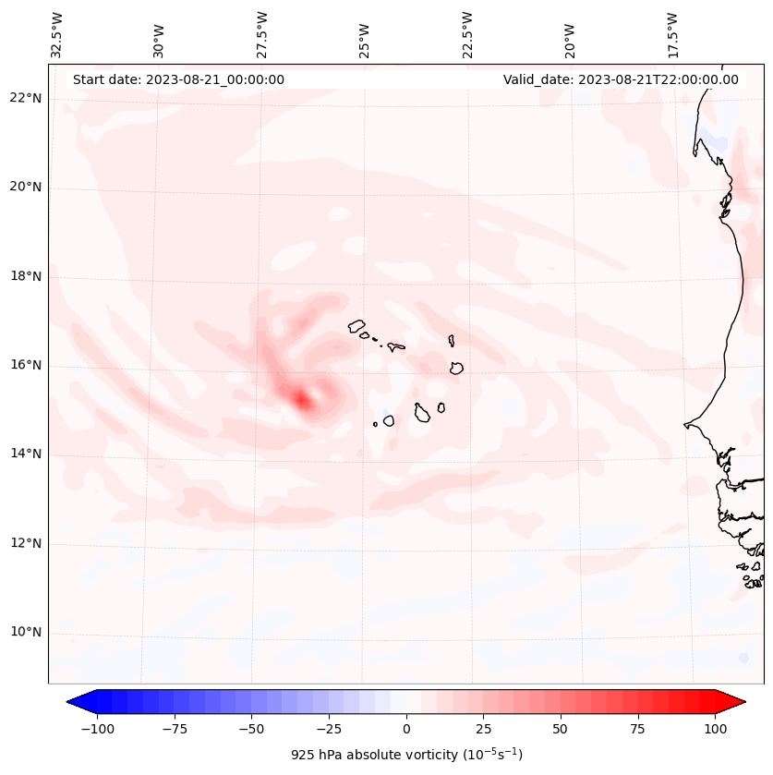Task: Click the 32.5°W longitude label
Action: pos(57,34)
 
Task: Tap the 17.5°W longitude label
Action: pos(672,34)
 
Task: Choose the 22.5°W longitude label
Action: pos(467,34)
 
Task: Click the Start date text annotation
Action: pos(178,79)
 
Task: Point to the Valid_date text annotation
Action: pos(621,79)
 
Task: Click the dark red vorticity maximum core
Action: pos(301,399)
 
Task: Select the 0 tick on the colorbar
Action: pos(405,729)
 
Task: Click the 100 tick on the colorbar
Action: pos(714,729)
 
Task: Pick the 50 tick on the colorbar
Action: pos(560,729)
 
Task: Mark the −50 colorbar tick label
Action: pos(251,729)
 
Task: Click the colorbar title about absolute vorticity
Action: pos(406,755)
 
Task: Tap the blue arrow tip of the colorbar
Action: pos(74,702)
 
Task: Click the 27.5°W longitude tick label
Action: pos(262,34)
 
